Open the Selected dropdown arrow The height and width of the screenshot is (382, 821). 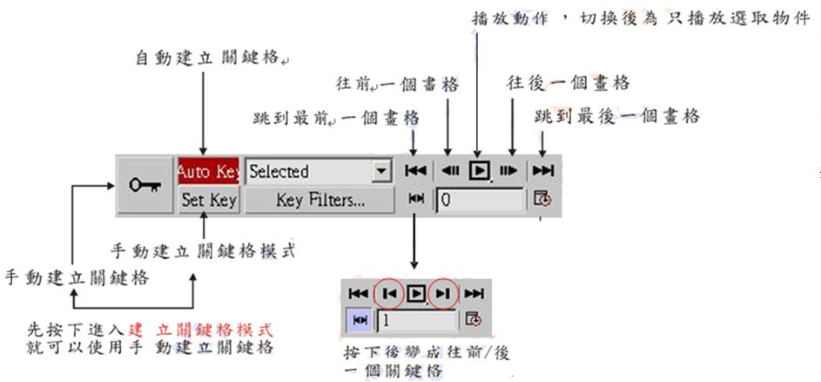tap(380, 171)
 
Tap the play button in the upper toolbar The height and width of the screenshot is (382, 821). tap(479, 171)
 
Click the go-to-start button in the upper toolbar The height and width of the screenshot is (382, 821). tap(416, 171)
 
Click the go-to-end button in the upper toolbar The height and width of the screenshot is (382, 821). tap(543, 171)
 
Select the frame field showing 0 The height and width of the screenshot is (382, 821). tap(481, 200)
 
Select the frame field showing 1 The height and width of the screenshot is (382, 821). tap(416, 320)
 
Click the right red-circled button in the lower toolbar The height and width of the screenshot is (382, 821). tap(443, 294)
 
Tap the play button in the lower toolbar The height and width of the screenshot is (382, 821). tap(416, 294)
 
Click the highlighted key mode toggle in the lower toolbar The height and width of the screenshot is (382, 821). tap(359, 320)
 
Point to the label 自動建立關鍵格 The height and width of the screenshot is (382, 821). tap(209, 58)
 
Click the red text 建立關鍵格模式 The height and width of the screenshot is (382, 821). tap(202, 331)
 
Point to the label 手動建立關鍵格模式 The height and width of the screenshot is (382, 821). tap(204, 251)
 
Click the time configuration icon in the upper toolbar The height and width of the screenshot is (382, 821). tap(543, 200)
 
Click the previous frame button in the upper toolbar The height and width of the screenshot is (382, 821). tap(450, 171)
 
